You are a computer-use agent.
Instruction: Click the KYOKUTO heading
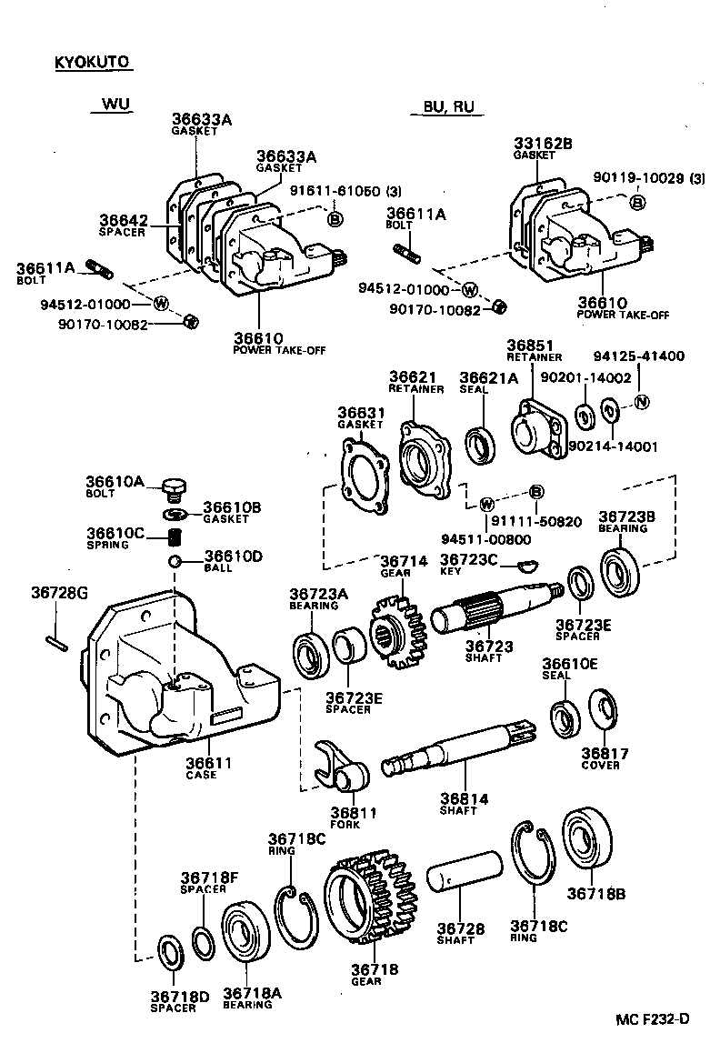pos(93,63)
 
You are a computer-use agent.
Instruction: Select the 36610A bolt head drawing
pos(174,489)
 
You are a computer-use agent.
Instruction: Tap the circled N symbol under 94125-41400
pos(641,401)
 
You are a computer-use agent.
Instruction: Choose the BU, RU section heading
pos(448,106)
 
